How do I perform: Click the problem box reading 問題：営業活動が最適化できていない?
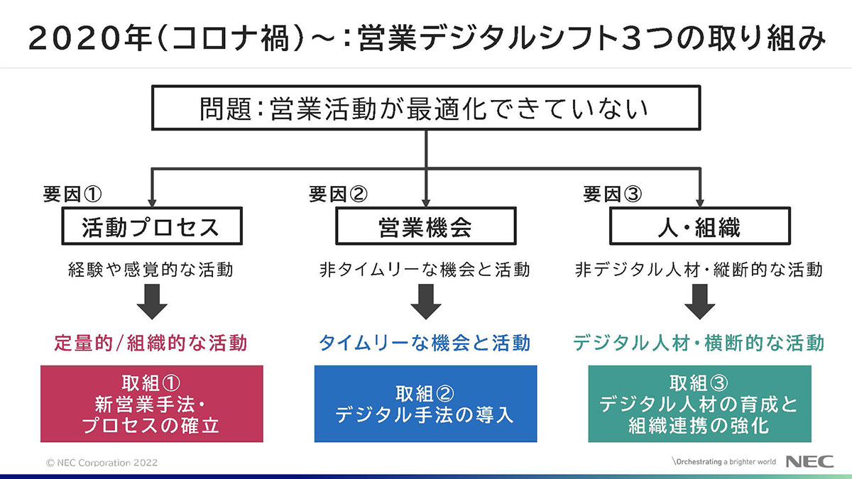coord(425,108)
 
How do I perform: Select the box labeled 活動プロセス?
coord(152,226)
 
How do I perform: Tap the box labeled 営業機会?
coord(425,226)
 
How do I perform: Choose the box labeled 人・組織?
coord(700,226)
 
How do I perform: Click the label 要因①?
coord(72,194)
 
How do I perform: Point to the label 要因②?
coord(338,194)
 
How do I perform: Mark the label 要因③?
coord(612,194)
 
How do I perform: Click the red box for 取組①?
coord(152,404)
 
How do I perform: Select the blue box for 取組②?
coord(425,404)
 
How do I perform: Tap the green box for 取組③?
coord(700,404)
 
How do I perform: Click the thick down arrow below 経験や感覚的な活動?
coord(152,302)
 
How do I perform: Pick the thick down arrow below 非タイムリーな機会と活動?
coord(426,302)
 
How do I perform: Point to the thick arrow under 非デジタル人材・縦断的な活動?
coord(700,302)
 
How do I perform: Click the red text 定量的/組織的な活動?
coord(151,343)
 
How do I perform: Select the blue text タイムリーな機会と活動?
coord(425,343)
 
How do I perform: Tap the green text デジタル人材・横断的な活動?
coord(699,343)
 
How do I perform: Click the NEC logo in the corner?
coord(810,461)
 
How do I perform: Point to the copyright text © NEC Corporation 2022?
coord(102,463)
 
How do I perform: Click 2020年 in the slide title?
coord(91,38)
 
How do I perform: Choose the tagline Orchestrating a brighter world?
coord(724,462)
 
